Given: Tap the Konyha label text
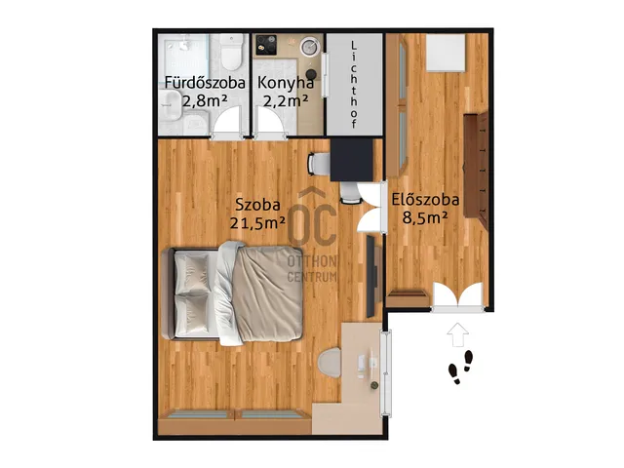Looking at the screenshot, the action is (x=286, y=83).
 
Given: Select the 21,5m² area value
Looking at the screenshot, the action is (x=257, y=223).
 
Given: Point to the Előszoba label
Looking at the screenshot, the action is (x=425, y=199).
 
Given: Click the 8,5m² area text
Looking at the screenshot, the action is (x=425, y=217).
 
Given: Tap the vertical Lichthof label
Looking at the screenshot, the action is (x=354, y=85).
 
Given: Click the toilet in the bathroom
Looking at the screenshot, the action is (x=231, y=52).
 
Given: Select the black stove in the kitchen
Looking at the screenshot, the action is (x=266, y=45).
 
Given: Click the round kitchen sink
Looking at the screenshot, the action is (x=310, y=47).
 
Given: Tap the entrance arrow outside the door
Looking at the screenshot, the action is (x=457, y=334).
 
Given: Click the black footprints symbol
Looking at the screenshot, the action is (x=461, y=367).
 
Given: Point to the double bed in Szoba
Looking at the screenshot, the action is (x=233, y=293).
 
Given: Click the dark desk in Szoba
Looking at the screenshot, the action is (x=352, y=160).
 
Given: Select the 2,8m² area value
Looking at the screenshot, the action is (x=205, y=101).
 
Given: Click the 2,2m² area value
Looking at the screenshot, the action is (x=286, y=101).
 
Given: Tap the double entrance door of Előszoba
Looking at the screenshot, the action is (x=458, y=295).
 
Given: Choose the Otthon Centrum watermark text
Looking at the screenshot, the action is (x=312, y=269).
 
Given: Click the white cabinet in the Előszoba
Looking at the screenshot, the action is (x=446, y=53).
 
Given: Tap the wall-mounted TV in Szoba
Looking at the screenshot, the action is (x=370, y=276).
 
